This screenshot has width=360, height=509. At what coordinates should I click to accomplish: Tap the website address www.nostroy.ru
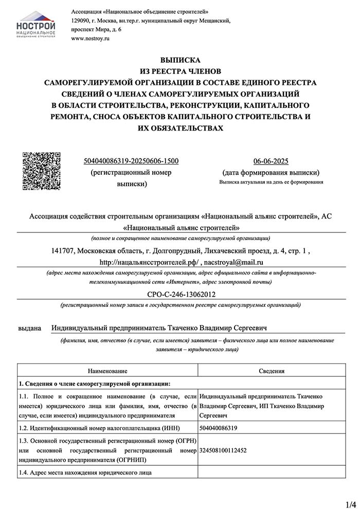(x=91, y=39)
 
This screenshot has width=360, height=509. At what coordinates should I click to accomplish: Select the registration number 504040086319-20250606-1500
(x=131, y=161)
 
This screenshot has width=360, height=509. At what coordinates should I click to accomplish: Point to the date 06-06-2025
(x=271, y=161)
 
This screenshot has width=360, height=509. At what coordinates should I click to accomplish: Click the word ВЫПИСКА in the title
(x=180, y=60)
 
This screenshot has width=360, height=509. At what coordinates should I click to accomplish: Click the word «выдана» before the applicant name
(x=29, y=328)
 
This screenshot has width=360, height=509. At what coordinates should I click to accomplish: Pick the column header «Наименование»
(x=107, y=371)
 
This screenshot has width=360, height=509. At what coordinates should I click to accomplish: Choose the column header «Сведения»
(x=272, y=371)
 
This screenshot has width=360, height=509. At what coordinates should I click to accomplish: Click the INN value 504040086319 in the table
(x=219, y=428)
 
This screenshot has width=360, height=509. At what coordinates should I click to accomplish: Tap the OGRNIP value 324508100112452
(x=223, y=450)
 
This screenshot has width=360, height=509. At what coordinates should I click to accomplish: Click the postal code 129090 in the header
(x=81, y=21)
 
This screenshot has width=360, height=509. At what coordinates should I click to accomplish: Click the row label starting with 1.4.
(x=85, y=472)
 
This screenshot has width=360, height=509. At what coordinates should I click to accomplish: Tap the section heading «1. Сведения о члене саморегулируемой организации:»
(x=94, y=384)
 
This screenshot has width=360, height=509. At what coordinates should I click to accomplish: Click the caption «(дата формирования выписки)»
(x=271, y=172)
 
